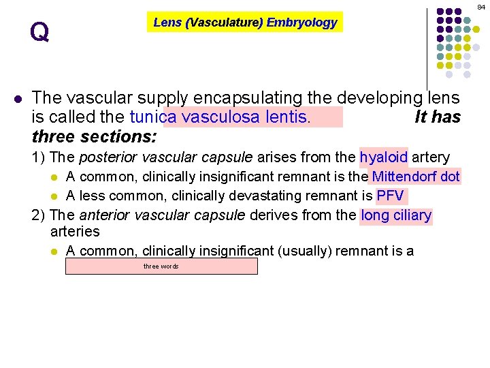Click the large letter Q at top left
coord(39,31)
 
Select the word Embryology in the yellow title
coord(301,22)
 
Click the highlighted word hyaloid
coord(383,157)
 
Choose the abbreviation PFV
coord(391,196)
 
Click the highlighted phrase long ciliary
coord(397,216)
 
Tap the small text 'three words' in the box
coord(161,266)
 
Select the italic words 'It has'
coord(438,117)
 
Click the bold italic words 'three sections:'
coord(94,136)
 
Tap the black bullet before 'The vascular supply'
coord(18,98)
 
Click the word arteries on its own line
coord(76,232)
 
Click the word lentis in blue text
coord(289,117)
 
